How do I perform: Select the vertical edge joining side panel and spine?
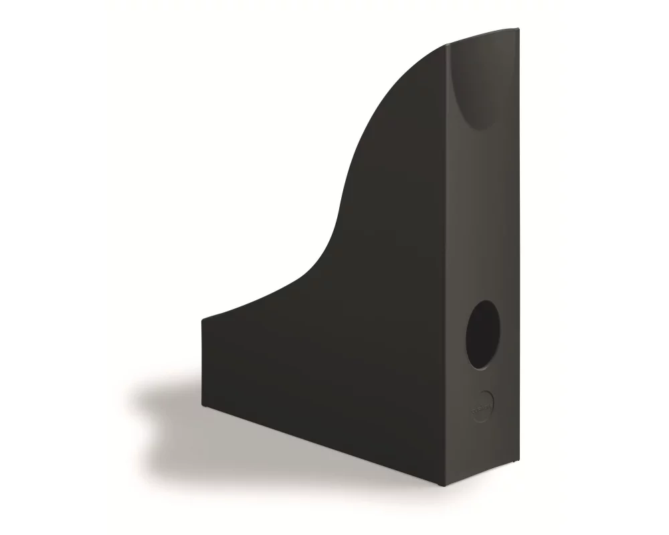(x=449, y=267)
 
